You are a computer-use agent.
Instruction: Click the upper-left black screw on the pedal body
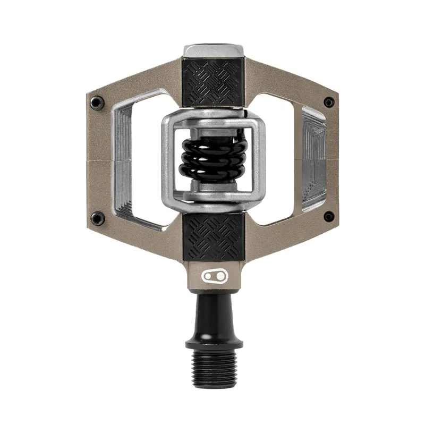97,102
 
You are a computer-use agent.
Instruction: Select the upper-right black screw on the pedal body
329,102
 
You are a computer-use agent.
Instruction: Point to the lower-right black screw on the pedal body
329,217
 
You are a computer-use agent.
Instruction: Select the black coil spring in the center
213,158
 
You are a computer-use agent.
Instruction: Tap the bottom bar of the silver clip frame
214,201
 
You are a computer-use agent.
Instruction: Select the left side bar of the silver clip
169,159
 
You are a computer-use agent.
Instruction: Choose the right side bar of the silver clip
259,159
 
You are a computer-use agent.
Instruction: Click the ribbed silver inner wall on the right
313,159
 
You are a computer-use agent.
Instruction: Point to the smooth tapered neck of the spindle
214,313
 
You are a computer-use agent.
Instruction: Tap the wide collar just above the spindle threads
214,343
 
